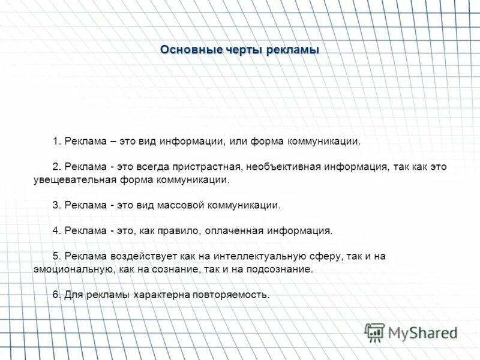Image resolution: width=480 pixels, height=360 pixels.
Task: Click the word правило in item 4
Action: (x=182, y=230)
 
